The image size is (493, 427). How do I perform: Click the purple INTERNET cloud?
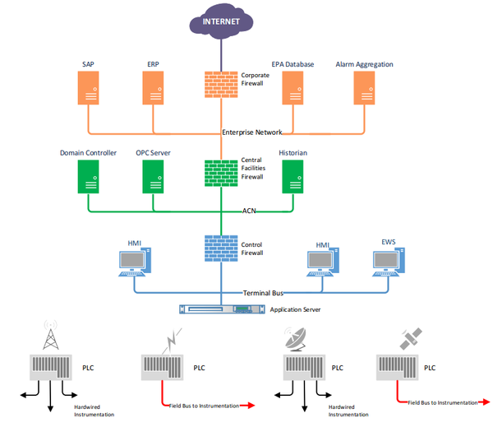(x=221, y=21)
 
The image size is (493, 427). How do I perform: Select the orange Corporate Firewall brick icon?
(x=221, y=85)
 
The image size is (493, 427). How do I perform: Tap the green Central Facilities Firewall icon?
(x=221, y=174)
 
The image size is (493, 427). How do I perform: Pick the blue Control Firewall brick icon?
(x=221, y=248)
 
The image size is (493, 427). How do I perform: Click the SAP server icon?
(x=89, y=88)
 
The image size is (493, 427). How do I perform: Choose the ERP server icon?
(x=153, y=88)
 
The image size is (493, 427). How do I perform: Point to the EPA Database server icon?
(x=293, y=88)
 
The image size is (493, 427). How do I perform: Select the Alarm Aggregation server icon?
(x=364, y=88)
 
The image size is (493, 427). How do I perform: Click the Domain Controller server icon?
(x=89, y=177)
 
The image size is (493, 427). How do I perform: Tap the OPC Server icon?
(x=153, y=177)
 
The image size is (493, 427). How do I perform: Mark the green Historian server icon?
(x=293, y=177)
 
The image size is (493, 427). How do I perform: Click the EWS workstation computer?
(x=389, y=262)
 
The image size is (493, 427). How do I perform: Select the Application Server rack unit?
(x=222, y=309)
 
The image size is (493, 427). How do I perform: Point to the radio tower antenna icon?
(x=51, y=335)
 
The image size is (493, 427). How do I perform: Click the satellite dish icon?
(x=295, y=339)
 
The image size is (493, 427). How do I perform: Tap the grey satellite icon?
(x=411, y=338)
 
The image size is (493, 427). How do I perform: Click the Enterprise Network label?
(x=252, y=132)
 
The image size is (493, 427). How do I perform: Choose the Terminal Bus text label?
(x=263, y=293)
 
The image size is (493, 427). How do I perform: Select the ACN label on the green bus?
(x=249, y=211)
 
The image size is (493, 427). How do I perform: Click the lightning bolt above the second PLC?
(x=172, y=341)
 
